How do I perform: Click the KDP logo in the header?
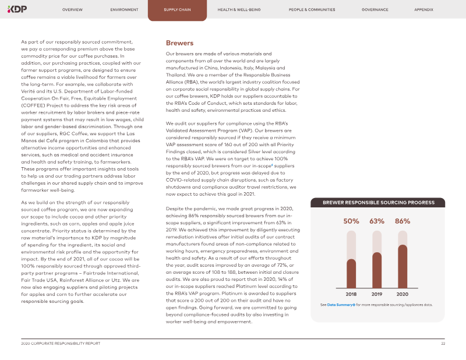[18, 9]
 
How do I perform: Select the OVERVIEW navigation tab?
[72, 10]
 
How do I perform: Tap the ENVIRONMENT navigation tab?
[124, 10]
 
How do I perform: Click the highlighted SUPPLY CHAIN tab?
[176, 10]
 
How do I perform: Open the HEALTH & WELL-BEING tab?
[239, 10]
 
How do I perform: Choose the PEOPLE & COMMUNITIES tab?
[312, 10]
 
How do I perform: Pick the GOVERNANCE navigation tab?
[375, 10]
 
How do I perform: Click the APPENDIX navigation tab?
[423, 10]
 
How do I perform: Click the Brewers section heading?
[179, 43]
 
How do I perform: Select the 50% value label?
[351, 221]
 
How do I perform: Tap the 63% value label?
[377, 221]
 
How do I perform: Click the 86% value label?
[403, 221]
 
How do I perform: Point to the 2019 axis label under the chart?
[377, 294]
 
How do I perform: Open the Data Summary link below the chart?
[341, 305]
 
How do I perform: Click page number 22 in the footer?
[443, 344]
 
